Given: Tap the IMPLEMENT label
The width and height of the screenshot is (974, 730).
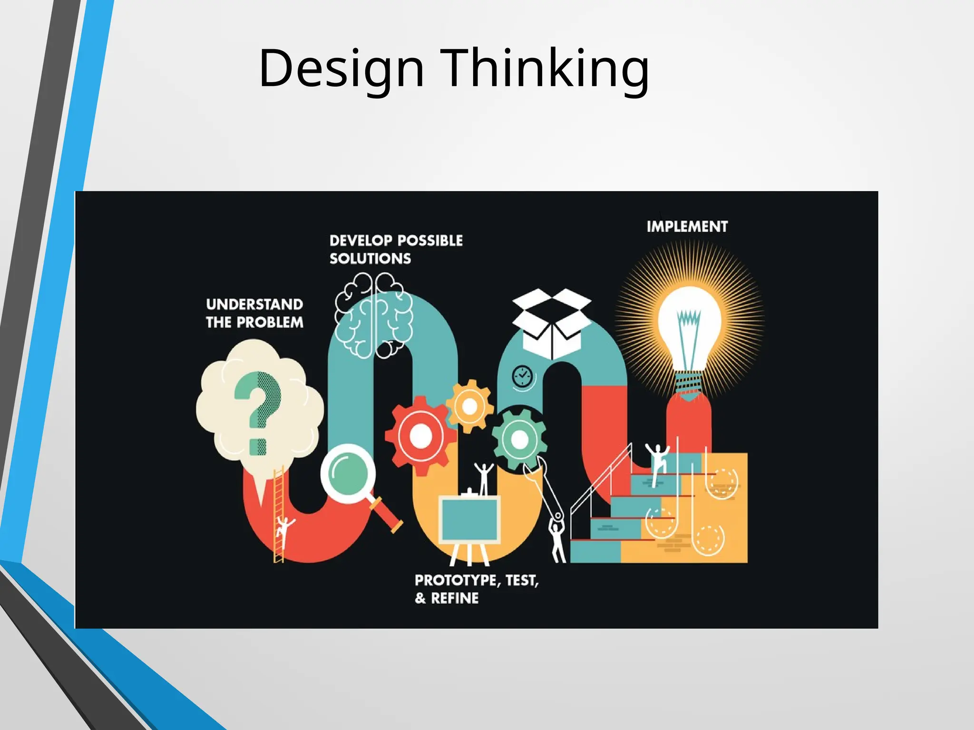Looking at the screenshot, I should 687,227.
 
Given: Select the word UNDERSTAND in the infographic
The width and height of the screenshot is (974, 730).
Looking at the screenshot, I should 254,304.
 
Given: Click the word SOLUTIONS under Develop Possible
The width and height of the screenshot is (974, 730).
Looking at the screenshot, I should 370,259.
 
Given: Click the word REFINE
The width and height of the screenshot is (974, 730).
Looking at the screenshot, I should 455,598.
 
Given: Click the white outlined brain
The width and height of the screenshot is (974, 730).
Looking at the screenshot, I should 373,315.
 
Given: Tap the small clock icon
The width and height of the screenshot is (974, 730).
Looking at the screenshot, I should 522,376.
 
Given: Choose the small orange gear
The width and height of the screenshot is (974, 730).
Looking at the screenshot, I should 469,406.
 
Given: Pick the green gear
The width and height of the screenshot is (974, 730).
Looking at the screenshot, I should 519,439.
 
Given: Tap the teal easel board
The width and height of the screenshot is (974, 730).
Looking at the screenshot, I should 469,519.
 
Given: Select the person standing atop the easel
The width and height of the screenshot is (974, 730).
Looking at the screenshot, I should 484,478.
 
